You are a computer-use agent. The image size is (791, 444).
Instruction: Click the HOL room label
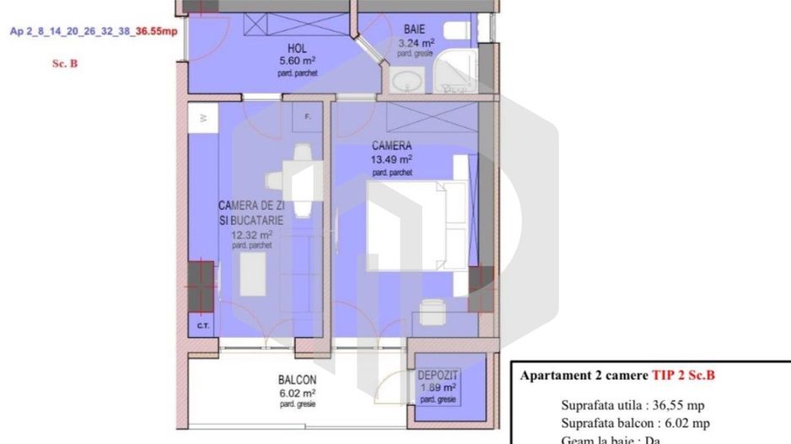tap(296, 49)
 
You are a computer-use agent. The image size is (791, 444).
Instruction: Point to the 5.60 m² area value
tap(296, 62)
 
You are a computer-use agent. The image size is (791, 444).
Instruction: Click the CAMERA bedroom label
tap(392, 146)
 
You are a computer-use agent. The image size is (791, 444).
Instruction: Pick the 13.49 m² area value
tap(392, 158)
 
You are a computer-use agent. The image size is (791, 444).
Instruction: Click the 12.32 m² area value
tap(251, 235)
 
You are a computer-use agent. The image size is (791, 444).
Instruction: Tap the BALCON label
tap(297, 380)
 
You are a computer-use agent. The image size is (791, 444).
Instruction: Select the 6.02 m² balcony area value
tap(297, 393)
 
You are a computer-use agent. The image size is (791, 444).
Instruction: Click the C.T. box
tap(202, 324)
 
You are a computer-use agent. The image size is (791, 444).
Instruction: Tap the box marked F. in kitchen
tap(308, 117)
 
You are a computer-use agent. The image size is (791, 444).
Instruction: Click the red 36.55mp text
tap(157, 32)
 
